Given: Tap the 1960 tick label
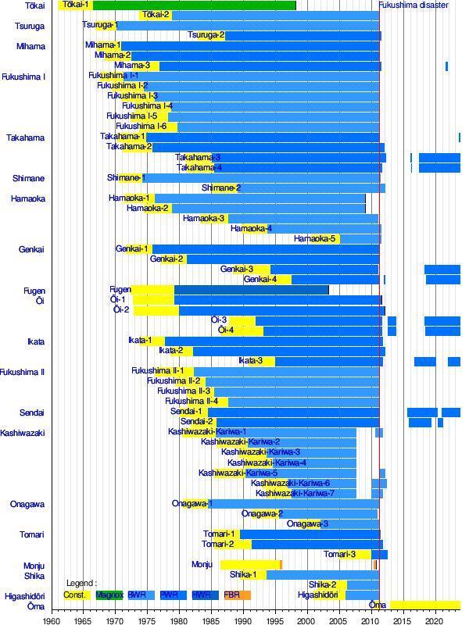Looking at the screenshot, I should (x=52, y=620).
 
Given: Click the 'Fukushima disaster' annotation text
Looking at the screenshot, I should (x=414, y=5).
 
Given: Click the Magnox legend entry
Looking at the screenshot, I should (x=109, y=595).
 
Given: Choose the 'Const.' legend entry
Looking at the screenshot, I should (x=76, y=595).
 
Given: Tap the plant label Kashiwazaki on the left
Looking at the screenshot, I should (x=23, y=433).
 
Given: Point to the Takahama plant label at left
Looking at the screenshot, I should (x=26, y=137).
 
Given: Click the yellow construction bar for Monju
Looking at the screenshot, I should (x=249, y=565).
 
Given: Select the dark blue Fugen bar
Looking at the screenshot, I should (x=251, y=290).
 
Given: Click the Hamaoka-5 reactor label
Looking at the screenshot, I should (x=315, y=239).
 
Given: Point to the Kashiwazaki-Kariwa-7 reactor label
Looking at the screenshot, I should (x=295, y=494).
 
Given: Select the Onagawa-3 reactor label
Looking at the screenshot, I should (x=307, y=524).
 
